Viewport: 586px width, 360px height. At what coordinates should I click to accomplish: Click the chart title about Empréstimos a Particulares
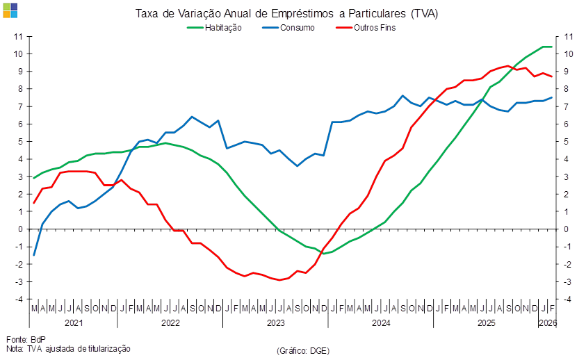[287, 14]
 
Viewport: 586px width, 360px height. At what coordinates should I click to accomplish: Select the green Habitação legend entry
[215, 28]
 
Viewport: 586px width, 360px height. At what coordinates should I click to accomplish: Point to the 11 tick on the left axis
[19, 36]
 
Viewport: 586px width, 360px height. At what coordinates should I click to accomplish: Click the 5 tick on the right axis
[567, 141]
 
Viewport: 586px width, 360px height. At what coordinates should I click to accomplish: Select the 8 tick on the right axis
[567, 89]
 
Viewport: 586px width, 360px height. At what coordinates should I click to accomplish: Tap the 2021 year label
[74, 323]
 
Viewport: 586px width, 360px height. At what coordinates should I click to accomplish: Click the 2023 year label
[276, 323]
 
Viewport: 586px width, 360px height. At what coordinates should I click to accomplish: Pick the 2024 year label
[380, 323]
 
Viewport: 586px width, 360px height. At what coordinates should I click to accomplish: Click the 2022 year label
[170, 323]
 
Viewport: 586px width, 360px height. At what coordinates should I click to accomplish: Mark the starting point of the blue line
[34, 255]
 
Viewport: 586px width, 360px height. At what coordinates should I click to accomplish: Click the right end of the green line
[552, 47]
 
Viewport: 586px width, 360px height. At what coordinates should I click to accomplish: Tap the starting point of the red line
[34, 203]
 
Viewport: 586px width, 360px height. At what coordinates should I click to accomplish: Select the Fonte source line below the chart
[21, 339]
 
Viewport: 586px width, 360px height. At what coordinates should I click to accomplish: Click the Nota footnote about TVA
[68, 347]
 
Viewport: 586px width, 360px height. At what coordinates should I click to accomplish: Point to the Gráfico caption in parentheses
[302, 351]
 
